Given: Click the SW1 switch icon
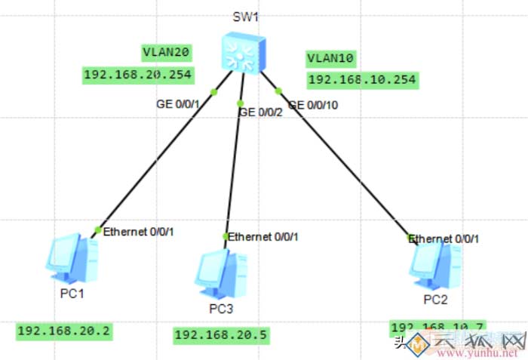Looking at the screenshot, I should pyautogui.click(x=243, y=53).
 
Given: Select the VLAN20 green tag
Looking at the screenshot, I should pyautogui.click(x=166, y=52).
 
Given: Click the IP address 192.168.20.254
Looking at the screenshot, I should pyautogui.click(x=138, y=74).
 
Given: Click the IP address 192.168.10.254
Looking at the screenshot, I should pyautogui.click(x=362, y=79).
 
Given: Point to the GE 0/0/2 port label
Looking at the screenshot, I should pyautogui.click(x=259, y=112).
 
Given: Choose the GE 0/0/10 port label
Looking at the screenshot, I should pyautogui.click(x=313, y=105).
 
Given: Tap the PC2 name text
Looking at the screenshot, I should pyautogui.click(x=435, y=300).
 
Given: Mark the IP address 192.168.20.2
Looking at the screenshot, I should pyautogui.click(x=64, y=331).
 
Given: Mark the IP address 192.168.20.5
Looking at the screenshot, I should pyautogui.click(x=221, y=334).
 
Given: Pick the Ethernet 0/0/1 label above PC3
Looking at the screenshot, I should pyautogui.click(x=263, y=236).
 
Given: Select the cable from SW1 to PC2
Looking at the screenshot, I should pyautogui.click(x=343, y=162).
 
